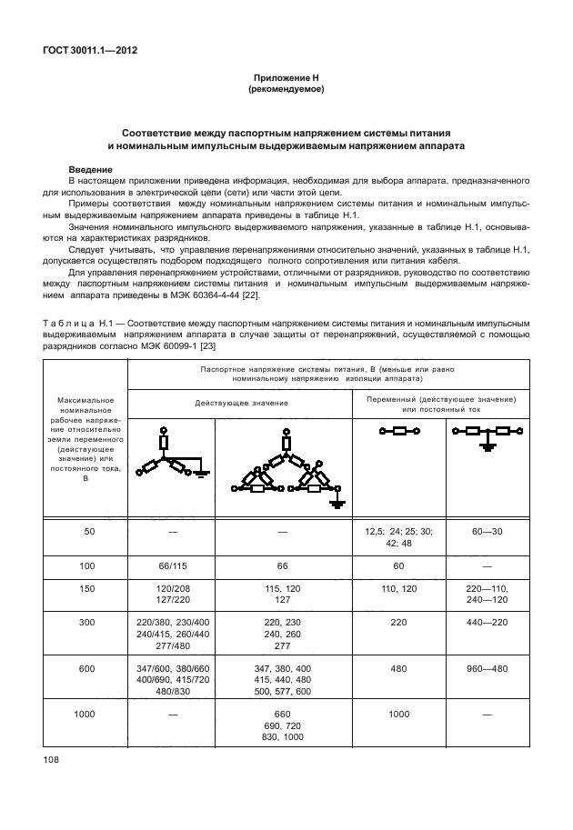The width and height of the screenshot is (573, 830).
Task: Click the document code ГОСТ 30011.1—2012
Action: point(96,50)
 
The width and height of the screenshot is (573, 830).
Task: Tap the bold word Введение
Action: point(91,170)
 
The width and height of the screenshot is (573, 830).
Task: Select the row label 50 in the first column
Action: point(89,531)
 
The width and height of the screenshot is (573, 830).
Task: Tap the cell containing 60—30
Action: point(487,531)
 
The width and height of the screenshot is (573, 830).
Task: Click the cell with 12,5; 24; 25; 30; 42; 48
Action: point(398,536)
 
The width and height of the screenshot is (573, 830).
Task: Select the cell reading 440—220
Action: point(487,623)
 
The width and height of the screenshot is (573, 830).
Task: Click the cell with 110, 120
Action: point(398,588)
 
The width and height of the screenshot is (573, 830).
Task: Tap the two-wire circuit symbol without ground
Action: point(398,433)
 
